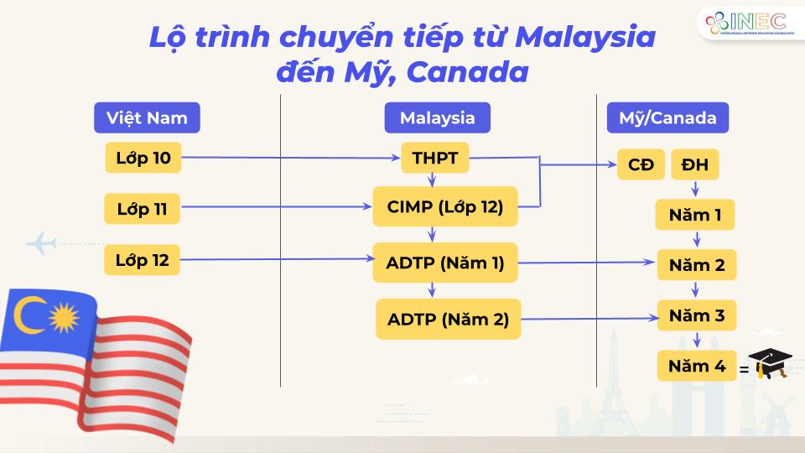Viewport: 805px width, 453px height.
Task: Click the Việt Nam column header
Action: [x=147, y=117]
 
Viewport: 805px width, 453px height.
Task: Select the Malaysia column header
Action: [x=438, y=117]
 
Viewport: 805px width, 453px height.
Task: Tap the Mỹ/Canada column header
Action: [x=667, y=117]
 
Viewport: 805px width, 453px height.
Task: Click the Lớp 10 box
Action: [x=143, y=158]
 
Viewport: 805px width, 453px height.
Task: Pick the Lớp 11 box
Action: [x=143, y=209]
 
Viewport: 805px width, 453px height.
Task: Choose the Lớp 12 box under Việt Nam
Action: [x=143, y=260]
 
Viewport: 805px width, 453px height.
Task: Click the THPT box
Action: [x=435, y=158]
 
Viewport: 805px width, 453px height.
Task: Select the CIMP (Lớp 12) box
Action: [x=445, y=206]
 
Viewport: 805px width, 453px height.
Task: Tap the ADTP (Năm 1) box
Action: [x=445, y=263]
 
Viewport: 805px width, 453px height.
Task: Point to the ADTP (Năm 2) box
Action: [x=448, y=319]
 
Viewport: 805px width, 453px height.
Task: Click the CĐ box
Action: [x=641, y=164]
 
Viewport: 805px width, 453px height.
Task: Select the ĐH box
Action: [x=694, y=164]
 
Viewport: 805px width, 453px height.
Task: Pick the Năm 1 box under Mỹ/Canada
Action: [x=695, y=215]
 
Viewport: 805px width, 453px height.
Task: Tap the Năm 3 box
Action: [x=697, y=315]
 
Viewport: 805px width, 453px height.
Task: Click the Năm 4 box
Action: [x=697, y=366]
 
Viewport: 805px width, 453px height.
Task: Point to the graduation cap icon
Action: [x=770, y=363]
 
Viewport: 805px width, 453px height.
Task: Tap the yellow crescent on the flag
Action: [x=27, y=315]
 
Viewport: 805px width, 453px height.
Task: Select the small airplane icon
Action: [x=40, y=243]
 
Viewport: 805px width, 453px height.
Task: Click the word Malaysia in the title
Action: [x=585, y=37]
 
